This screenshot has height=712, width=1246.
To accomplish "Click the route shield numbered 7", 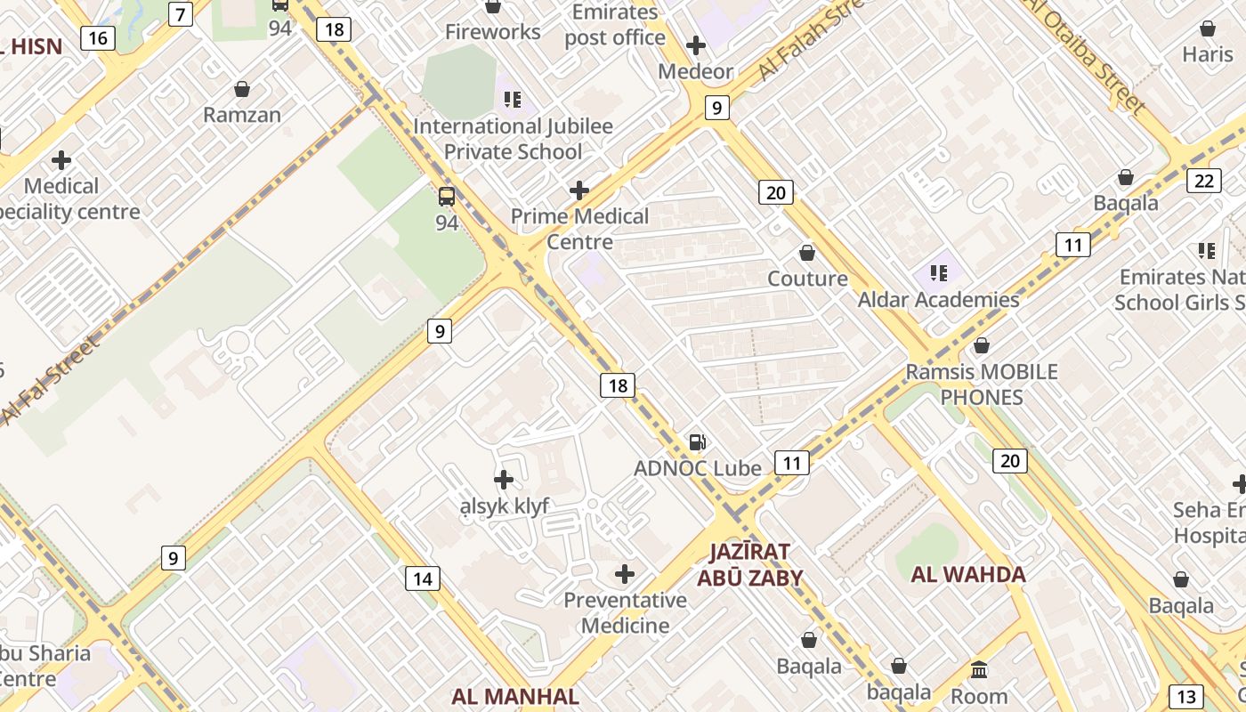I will tap(181, 14).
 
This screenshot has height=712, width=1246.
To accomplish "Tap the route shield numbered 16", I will tap(97, 37).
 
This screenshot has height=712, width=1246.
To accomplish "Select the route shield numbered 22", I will tap(1203, 181).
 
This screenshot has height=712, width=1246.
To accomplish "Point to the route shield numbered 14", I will tap(422, 578).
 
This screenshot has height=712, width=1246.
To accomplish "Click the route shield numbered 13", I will tap(1185, 696).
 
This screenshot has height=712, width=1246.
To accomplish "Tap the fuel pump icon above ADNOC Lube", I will tap(698, 442).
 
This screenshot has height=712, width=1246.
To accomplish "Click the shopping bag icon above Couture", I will tap(807, 253).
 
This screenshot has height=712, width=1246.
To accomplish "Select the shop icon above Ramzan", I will tap(241, 89).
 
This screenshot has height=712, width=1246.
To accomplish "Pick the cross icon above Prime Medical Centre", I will tap(579, 190).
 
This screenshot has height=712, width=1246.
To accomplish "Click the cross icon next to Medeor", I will tap(696, 45).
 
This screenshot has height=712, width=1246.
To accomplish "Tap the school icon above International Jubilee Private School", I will tap(513, 100).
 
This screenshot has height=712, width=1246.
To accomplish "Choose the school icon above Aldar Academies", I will tap(938, 272).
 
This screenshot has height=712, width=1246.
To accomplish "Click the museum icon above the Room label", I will tap(979, 669).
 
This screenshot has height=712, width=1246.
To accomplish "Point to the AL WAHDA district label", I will tap(968, 574).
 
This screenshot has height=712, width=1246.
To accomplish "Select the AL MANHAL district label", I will tap(515, 696).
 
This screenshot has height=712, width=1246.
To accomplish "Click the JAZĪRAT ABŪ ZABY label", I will tap(749, 564).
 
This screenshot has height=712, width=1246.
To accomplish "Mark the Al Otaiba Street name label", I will tap(1085, 55).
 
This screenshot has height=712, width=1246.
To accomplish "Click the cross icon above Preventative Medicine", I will tap(625, 574).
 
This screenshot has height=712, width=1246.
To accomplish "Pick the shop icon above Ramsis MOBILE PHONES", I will tap(982, 345).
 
